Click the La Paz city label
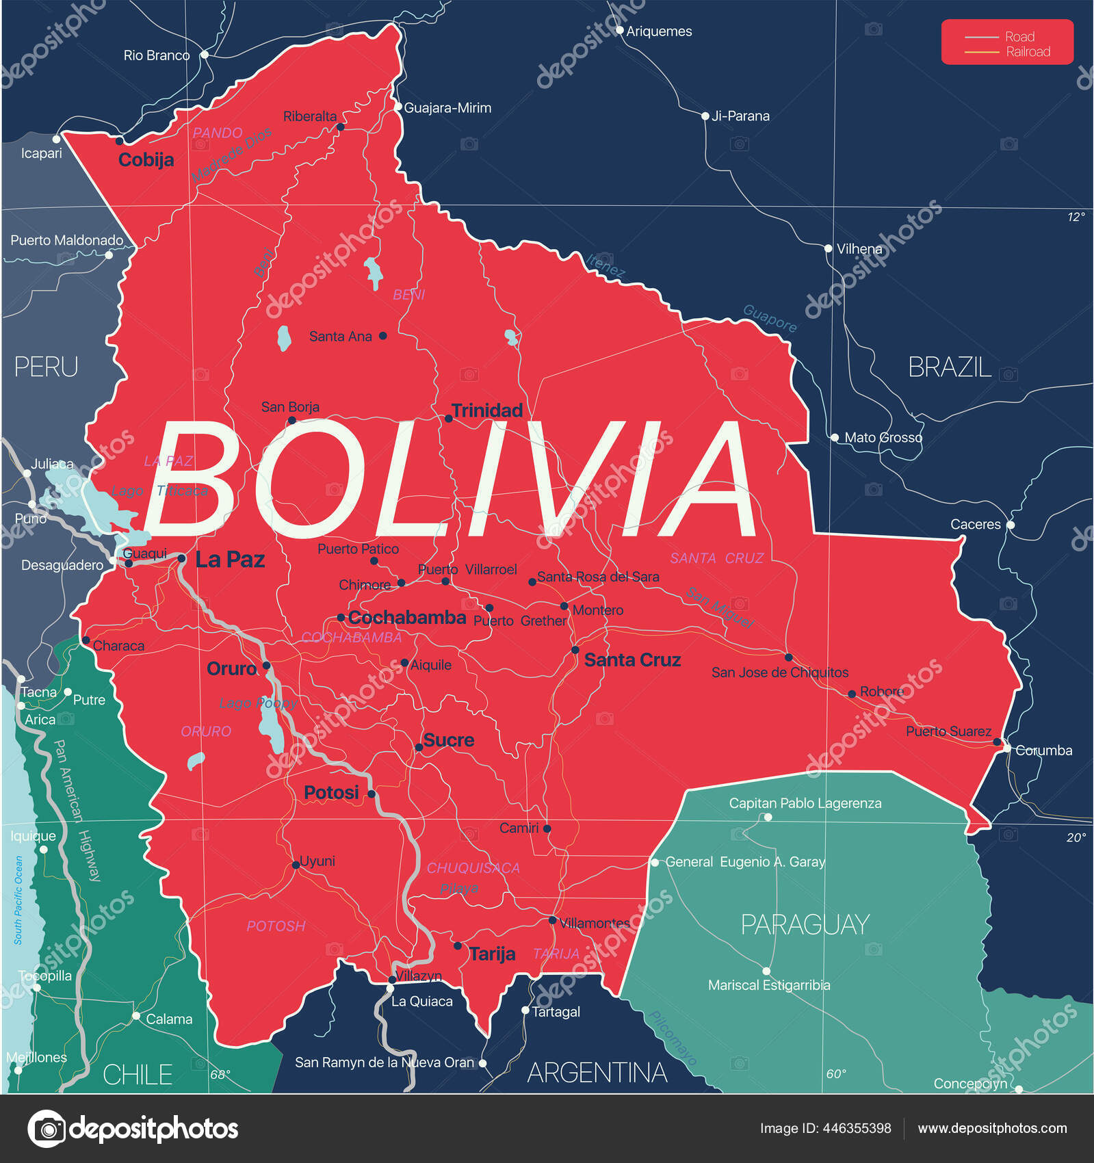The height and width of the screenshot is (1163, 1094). tap(230, 560)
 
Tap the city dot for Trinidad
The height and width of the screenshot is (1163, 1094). tap(448, 419)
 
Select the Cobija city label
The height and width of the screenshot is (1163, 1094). tap(146, 160)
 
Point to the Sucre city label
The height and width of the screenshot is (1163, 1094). tap(449, 740)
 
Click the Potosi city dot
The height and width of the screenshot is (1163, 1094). tap(372, 794)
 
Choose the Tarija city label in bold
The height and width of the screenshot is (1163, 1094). tap(492, 954)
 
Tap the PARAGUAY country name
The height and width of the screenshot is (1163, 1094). tap(805, 925)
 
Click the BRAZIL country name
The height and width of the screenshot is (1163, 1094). tap(949, 367)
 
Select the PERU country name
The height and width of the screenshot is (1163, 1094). tap(46, 367)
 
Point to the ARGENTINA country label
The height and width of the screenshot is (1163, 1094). tap(597, 1073)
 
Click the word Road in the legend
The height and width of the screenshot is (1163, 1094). tap(1019, 37)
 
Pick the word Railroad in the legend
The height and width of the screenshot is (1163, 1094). tap(1028, 52)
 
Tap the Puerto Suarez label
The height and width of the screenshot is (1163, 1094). tap(948, 731)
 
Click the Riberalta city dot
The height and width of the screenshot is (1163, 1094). tap(341, 127)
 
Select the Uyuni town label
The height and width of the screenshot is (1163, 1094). tap(317, 861)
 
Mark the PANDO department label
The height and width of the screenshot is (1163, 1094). tap(218, 133)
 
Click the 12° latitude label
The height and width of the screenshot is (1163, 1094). tap(1076, 217)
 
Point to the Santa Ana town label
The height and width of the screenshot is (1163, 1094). tap(340, 337)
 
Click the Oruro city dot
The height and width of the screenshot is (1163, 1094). tap(266, 666)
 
